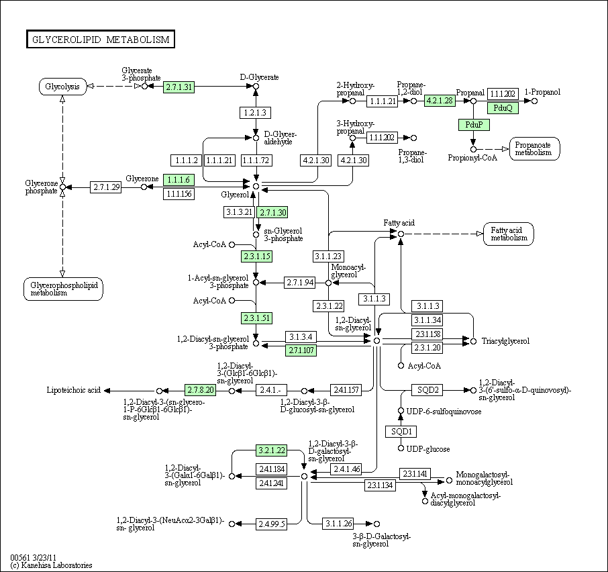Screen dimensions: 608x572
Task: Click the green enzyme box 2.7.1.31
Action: point(179,87)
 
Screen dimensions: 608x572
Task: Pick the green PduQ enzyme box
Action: point(503,108)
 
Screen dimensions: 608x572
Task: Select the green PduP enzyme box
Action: point(474,125)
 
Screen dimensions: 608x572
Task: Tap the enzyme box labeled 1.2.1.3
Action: point(255,113)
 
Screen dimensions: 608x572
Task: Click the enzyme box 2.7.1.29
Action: point(105,187)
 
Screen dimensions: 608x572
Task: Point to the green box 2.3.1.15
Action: point(256,256)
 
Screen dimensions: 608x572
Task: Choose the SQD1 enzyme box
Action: point(401,432)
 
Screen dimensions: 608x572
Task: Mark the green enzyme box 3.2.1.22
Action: point(271,450)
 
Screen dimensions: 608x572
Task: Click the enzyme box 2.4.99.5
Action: point(271,524)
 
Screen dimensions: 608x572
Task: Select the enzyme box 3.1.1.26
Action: point(338,524)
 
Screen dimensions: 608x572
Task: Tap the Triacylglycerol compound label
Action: point(505,341)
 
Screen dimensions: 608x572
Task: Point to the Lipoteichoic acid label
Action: point(73,390)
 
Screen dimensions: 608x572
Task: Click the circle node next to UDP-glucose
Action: point(401,448)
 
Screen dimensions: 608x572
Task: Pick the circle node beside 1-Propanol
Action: point(534,101)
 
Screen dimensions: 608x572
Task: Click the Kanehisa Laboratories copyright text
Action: point(52,565)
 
